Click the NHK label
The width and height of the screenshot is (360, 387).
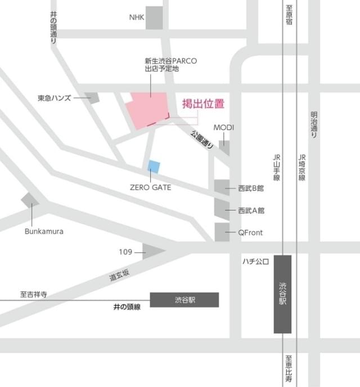click(x=137, y=17)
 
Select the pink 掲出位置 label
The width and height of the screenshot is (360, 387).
click(x=203, y=103)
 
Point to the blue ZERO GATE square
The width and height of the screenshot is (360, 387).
click(x=154, y=166)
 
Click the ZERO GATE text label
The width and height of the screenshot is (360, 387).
click(x=150, y=187)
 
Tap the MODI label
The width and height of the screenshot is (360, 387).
click(x=223, y=128)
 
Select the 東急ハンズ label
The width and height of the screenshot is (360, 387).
click(x=54, y=98)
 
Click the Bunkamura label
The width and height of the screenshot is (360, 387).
click(x=44, y=231)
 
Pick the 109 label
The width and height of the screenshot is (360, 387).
click(x=125, y=252)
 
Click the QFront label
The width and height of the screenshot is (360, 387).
click(x=250, y=232)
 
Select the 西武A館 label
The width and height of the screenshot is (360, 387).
click(x=251, y=210)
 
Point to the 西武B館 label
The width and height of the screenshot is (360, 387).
click(x=251, y=188)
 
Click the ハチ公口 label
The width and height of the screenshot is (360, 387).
click(x=256, y=261)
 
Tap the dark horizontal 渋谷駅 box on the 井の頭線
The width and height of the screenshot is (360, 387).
click(x=184, y=300)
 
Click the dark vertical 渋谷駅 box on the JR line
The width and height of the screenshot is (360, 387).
click(x=283, y=294)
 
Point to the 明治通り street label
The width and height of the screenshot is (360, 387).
click(x=314, y=125)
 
